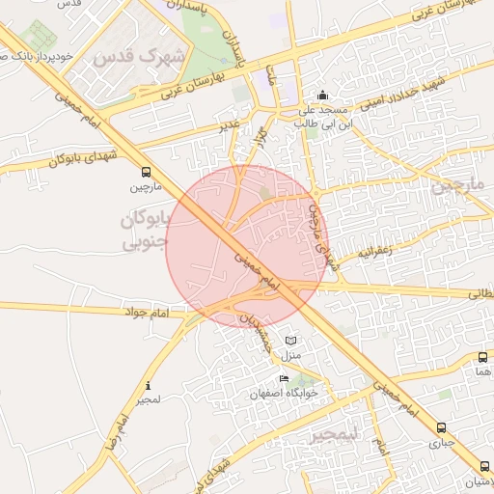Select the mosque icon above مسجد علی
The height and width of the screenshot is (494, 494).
click(x=322, y=96)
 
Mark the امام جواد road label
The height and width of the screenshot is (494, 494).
click(x=147, y=314)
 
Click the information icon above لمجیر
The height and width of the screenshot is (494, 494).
click(x=147, y=385)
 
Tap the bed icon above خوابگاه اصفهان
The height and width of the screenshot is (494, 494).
click(x=283, y=378)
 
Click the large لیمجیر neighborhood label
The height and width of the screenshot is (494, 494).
click(x=333, y=435)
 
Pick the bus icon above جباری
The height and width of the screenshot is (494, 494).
click(x=441, y=427)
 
